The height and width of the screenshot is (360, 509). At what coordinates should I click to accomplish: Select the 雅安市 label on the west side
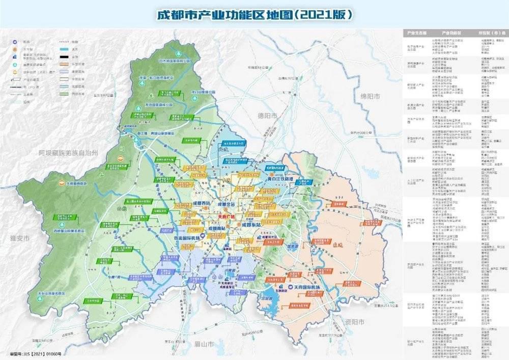pyautogui.click(x=19, y=238)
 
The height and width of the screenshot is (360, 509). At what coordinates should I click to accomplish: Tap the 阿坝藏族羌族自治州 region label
pyautogui.click(x=68, y=152)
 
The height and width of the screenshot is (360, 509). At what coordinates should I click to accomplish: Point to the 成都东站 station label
pyautogui.click(x=253, y=224)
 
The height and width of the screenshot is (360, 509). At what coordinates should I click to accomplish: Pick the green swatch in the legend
pyautogui.click(x=64, y=94)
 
